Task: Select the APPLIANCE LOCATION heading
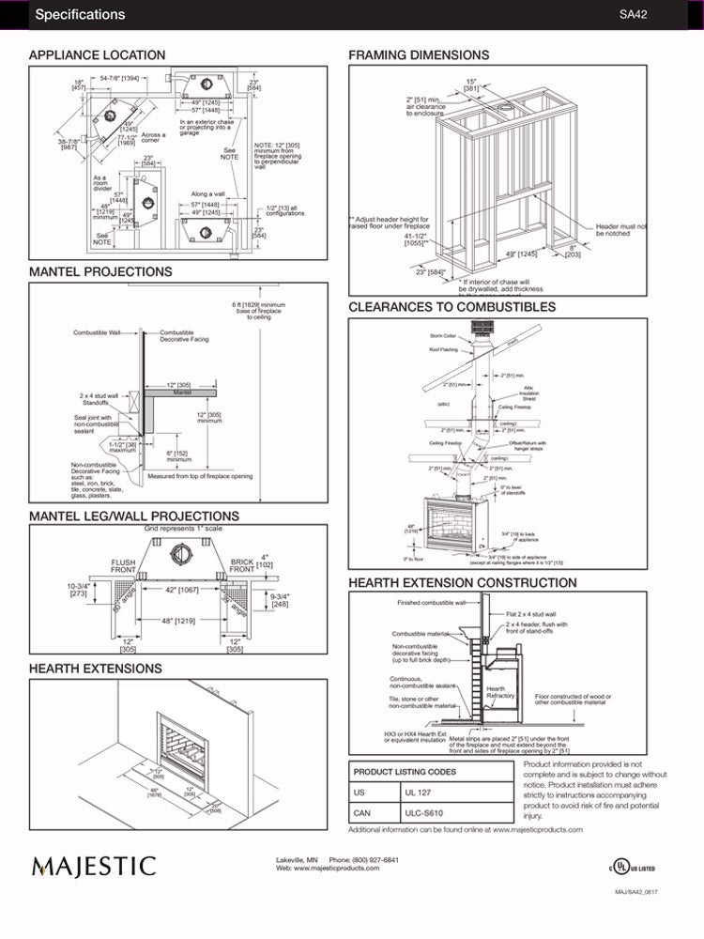97,55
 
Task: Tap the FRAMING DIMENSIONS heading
419,55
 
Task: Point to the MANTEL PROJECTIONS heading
100,271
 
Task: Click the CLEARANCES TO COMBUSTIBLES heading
451,307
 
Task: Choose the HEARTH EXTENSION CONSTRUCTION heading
463,583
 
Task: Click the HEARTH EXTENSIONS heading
95,669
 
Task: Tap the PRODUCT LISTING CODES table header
405,772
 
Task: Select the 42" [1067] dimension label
182,590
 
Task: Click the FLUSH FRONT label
124,566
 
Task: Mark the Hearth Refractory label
500,692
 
